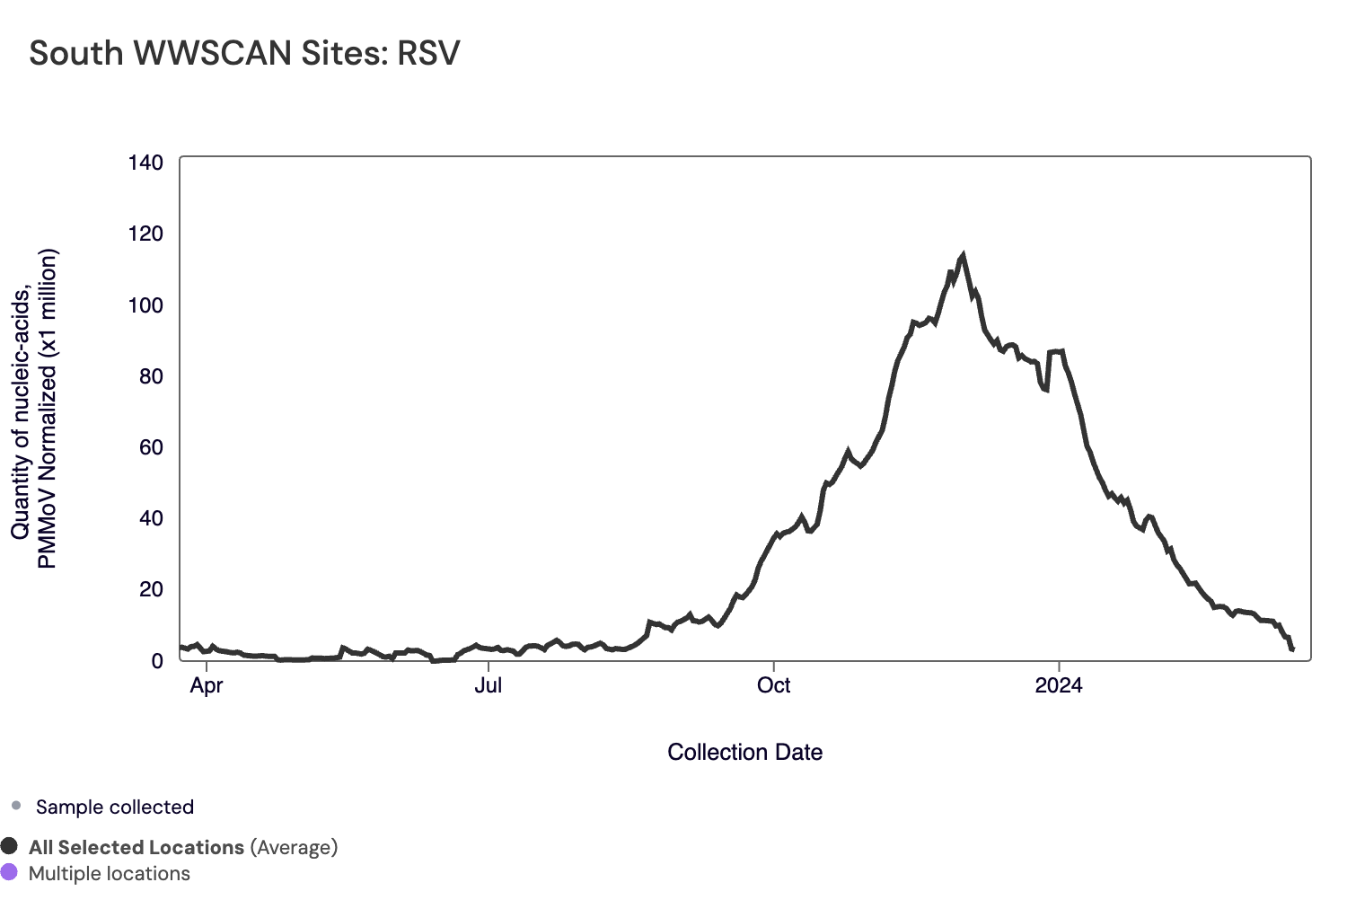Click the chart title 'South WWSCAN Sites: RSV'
244,54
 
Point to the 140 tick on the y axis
145,163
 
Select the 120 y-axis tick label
145,234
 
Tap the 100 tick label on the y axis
145,305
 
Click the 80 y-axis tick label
151,376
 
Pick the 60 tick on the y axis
151,447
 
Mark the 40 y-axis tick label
151,518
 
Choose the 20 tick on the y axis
151,589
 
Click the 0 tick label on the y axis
157,661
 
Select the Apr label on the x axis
207,686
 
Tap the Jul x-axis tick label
488,686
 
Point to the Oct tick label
773,686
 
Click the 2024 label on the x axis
1059,686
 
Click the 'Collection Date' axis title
744,753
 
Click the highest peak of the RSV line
963,256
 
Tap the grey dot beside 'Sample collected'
16,806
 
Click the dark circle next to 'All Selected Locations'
10,846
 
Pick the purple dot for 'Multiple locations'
10,872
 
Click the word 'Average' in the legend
293,848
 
